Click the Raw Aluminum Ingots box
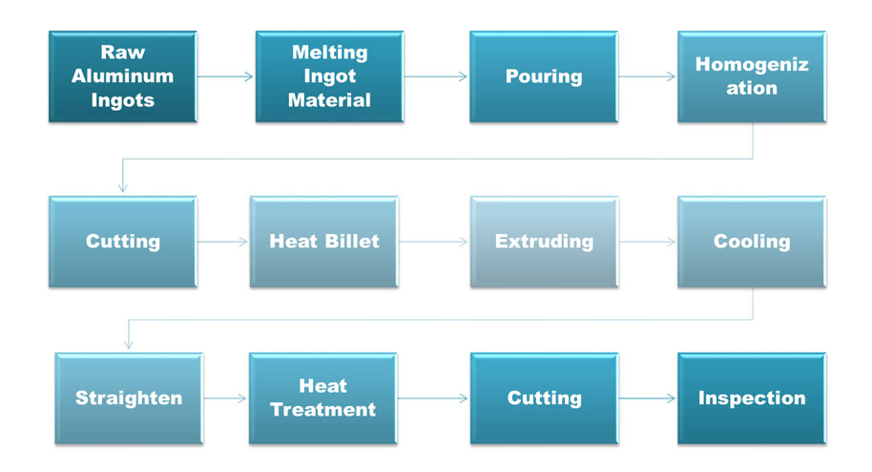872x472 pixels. [122, 76]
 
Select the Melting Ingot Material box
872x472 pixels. [329, 76]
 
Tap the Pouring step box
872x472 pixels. [543, 76]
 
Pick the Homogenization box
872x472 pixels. [752, 76]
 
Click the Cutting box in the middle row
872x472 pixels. [122, 242]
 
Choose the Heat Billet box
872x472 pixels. [323, 242]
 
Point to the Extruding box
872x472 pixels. [544, 242]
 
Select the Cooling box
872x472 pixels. [752, 242]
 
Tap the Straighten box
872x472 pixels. [128, 397]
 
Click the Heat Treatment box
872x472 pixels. [322, 397]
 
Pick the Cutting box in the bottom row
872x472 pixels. [544, 397]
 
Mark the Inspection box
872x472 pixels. [752, 397]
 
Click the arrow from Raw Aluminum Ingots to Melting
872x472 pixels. [226, 76]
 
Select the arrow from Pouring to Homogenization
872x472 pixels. [647, 76]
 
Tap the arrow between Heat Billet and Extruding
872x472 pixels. [433, 242]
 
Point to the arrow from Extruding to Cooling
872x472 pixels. [647, 242]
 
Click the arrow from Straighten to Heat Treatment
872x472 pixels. [225, 397]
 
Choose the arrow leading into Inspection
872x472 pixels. [647, 397]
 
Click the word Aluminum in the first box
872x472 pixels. [122, 76]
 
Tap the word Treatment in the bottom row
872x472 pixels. [322, 410]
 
